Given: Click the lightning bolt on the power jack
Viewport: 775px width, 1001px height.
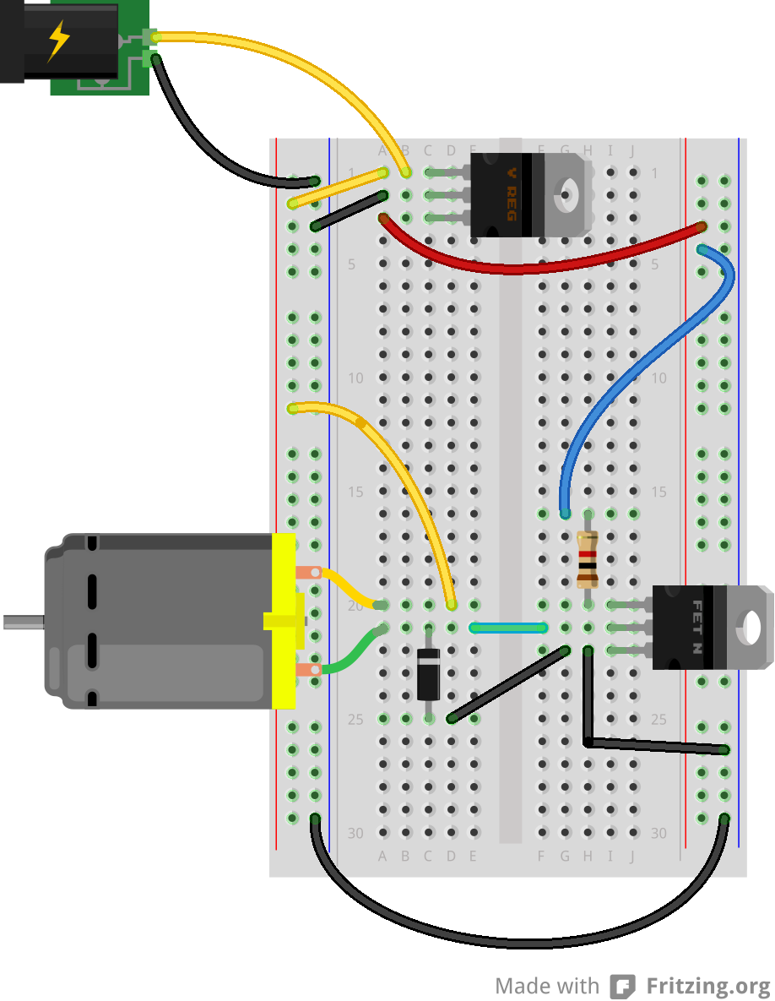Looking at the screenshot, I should click(58, 41).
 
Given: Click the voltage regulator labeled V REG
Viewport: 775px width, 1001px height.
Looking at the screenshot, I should click(510, 195).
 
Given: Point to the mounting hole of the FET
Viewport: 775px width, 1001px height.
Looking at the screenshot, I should click(750, 627).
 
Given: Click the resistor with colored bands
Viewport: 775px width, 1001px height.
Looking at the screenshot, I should click(588, 558).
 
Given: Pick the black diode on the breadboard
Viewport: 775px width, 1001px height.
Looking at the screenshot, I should click(429, 673).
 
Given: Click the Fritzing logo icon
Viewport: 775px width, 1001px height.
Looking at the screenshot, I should click(623, 986).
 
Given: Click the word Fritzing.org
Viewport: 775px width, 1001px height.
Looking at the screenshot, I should click(708, 986).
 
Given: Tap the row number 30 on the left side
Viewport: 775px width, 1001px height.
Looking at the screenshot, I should click(355, 833).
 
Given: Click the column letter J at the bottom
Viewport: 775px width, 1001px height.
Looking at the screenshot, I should click(631, 856).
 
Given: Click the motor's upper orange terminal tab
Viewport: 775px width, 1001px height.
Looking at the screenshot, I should click(307, 573).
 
